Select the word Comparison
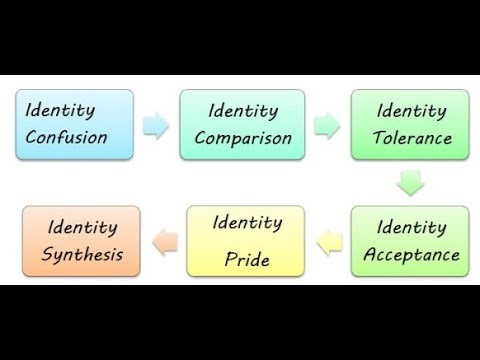(x=243, y=138)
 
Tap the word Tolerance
(x=410, y=138)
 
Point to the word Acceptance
(x=411, y=255)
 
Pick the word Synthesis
(x=83, y=254)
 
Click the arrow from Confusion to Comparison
(x=156, y=125)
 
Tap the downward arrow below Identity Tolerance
(x=410, y=182)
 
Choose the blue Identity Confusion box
(x=75, y=124)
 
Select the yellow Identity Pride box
(x=243, y=240)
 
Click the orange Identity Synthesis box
(x=83, y=240)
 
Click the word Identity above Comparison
(x=243, y=109)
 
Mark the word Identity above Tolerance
(x=410, y=109)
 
